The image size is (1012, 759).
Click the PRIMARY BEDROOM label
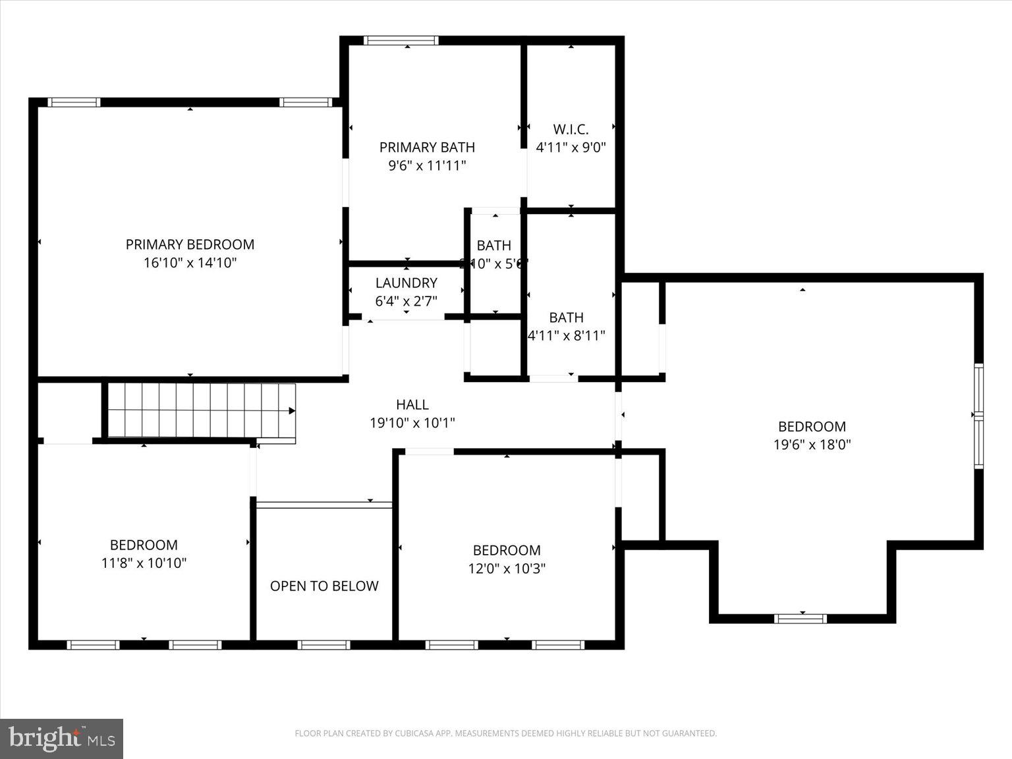pyautogui.click(x=190, y=244)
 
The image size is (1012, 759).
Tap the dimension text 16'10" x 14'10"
pyautogui.click(x=190, y=263)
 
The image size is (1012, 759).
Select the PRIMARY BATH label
pyautogui.click(x=427, y=147)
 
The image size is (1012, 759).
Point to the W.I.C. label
pyautogui.click(x=571, y=129)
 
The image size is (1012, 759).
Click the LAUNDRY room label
pyautogui.click(x=406, y=283)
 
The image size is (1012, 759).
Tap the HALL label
pyautogui.click(x=412, y=405)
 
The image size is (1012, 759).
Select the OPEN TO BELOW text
pyautogui.click(x=324, y=586)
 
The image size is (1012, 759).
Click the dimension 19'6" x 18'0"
pyautogui.click(x=812, y=445)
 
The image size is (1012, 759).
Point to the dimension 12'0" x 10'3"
pyautogui.click(x=507, y=568)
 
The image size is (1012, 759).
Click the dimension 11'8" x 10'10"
pyautogui.click(x=144, y=563)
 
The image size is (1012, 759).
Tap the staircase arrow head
pyautogui.click(x=292, y=411)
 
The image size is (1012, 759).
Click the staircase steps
pyautogui.click(x=198, y=410)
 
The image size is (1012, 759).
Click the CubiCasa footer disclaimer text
pyautogui.click(x=505, y=733)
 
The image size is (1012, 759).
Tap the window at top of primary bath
pyautogui.click(x=401, y=41)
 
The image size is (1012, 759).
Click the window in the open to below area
pyautogui.click(x=323, y=644)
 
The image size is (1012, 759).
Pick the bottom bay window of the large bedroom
pyautogui.click(x=800, y=618)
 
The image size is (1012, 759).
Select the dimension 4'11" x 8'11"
pyautogui.click(x=567, y=336)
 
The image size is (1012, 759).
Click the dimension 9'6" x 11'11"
pyautogui.click(x=427, y=165)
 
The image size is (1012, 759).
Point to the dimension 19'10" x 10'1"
pyautogui.click(x=412, y=423)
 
